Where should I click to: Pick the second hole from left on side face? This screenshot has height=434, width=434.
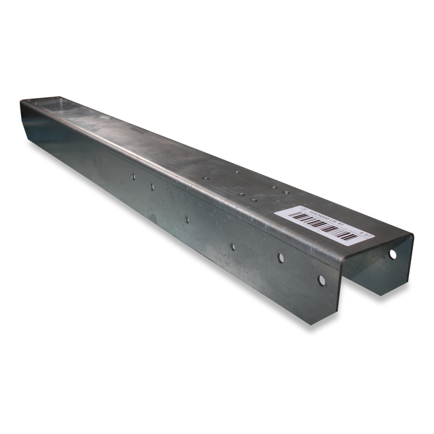click(152, 186)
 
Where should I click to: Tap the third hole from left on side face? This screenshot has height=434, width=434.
click(186, 218)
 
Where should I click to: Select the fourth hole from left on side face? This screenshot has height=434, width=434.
click(232, 246)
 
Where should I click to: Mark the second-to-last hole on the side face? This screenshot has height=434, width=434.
click(280, 257)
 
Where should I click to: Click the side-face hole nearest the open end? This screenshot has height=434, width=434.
click(321, 280)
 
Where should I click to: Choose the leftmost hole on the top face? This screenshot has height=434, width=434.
click(206, 178)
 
